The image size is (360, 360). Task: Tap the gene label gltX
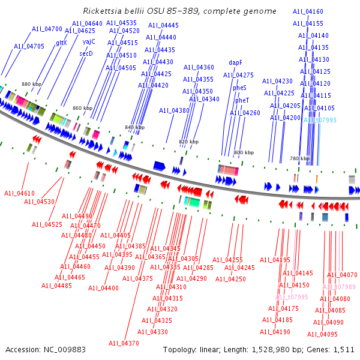click(61, 43)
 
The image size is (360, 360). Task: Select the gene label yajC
click(89, 41)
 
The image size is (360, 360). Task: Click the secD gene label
click(86, 53)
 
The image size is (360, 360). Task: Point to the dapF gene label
click(236, 62)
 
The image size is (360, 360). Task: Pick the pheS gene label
click(239, 88)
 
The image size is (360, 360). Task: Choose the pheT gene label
click(242, 100)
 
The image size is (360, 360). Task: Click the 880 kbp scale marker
click(31, 85)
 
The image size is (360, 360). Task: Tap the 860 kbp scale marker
click(83, 108)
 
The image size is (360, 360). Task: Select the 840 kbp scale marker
click(134, 127)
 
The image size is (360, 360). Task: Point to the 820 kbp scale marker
click(188, 142)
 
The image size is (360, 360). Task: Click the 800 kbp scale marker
click(244, 153)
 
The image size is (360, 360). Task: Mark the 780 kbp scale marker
click(299, 158)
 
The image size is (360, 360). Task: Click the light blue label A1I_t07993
click(320, 121)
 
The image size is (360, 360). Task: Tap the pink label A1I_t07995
click(292, 297)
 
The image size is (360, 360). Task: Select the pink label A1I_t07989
click(339, 287)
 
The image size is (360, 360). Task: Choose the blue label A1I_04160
click(308, 12)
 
